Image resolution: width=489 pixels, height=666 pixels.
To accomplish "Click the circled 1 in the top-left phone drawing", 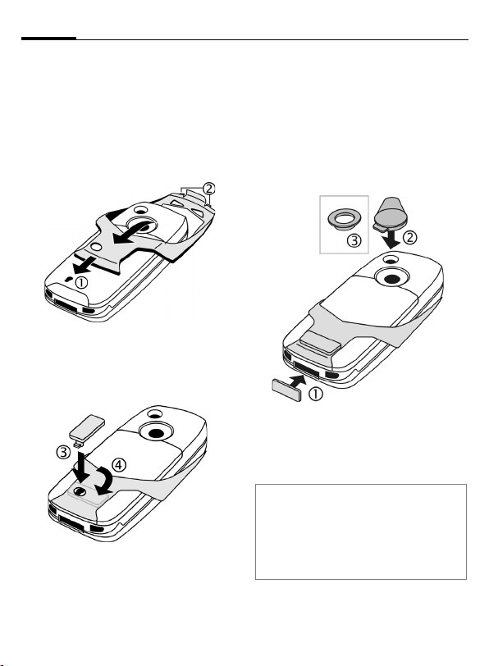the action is tap(81, 282).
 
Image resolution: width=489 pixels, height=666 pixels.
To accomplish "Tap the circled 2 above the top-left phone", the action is tap(208, 189).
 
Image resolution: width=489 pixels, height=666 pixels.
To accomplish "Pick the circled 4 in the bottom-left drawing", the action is tap(119, 465).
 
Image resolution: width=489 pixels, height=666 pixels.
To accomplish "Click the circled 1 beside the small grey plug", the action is tap(316, 395).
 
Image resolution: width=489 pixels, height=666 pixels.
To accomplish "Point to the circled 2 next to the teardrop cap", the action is tap(409, 237).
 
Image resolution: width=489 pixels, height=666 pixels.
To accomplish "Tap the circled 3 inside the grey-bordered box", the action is tap(354, 241).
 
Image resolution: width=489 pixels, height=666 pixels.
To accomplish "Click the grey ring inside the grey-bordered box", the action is tap(344, 219).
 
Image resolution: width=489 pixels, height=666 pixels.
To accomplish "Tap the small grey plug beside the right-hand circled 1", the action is tap(286, 390).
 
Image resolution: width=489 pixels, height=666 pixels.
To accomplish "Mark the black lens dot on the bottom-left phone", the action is tap(157, 433).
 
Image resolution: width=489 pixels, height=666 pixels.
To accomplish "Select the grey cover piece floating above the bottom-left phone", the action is tap(87, 430).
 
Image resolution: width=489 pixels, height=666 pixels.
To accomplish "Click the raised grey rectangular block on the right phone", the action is tap(319, 342).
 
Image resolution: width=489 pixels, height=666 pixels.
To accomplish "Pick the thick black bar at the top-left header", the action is tap(49, 39).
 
